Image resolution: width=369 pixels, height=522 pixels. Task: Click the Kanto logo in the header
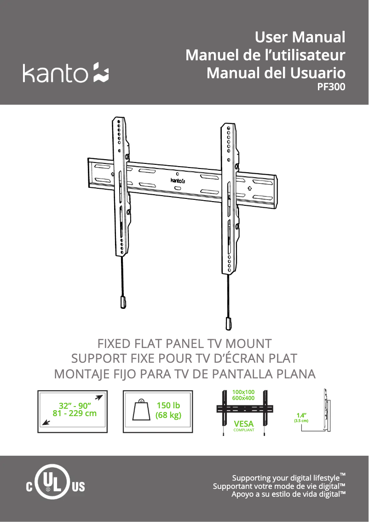[x=65, y=73]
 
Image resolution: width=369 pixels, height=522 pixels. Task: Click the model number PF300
[x=331, y=87]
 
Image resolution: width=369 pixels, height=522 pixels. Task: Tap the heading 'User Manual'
[x=300, y=37]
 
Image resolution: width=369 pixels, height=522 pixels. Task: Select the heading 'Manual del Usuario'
[x=276, y=73]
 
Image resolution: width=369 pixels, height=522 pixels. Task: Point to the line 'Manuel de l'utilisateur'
[x=265, y=55]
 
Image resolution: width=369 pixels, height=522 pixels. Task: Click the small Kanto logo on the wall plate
[x=178, y=180]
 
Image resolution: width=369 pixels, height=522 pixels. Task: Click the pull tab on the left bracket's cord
[x=123, y=303]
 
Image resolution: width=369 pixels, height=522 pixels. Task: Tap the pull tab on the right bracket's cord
[x=228, y=324]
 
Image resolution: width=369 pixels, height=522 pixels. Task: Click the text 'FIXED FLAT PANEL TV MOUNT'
[x=184, y=343]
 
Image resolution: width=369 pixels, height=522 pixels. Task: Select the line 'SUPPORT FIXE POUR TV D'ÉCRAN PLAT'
[x=184, y=358]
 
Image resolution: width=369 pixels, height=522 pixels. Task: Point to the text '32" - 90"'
[x=75, y=406]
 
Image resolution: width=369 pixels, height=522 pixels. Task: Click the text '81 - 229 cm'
[x=75, y=413]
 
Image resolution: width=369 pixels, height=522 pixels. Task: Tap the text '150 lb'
[x=168, y=405]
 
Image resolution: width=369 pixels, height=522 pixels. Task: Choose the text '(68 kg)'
[x=168, y=415]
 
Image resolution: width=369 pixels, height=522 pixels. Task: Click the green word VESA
[x=243, y=424]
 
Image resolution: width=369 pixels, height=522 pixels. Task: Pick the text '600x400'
[x=243, y=398]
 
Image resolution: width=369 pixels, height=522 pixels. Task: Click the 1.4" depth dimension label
[x=301, y=415]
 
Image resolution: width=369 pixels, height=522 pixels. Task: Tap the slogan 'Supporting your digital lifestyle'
[x=288, y=478]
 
